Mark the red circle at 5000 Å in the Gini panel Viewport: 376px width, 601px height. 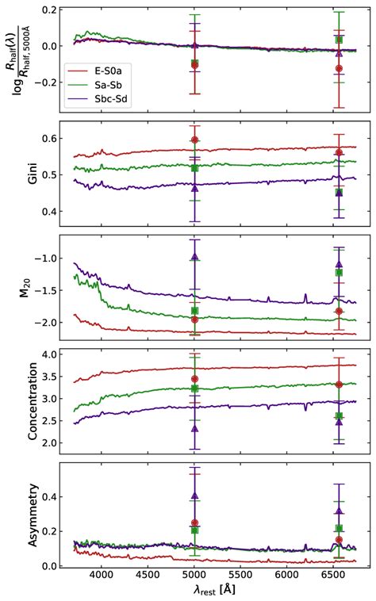click(194, 140)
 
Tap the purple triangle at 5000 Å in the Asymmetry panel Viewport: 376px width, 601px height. click(194, 496)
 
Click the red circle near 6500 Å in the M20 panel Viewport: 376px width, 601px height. click(339, 311)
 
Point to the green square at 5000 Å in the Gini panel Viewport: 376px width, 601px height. click(194, 168)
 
